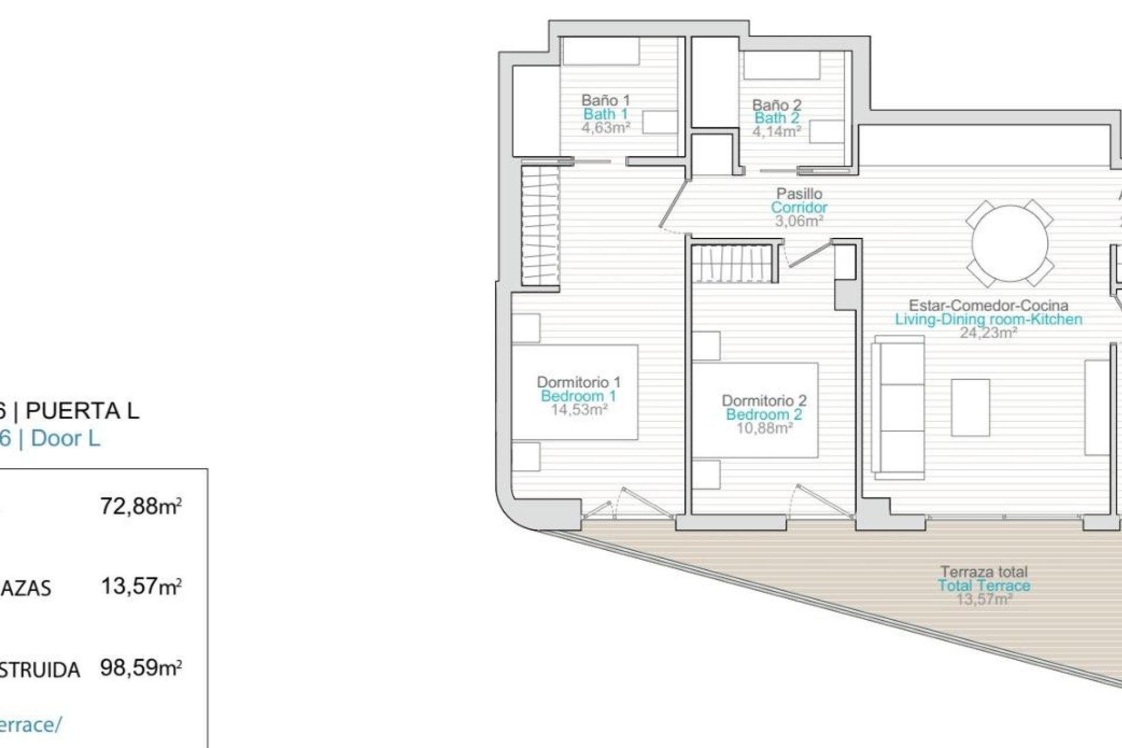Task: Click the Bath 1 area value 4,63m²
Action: point(605,128)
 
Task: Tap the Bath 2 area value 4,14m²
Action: point(776,131)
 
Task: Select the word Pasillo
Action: point(799,193)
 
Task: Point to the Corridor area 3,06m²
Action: point(799,221)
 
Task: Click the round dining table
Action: point(1009,244)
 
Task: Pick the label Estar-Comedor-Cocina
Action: point(988,305)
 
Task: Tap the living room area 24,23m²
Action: point(988,333)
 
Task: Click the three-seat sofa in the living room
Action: point(898,404)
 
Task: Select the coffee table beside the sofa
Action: point(970,407)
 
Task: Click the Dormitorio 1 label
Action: point(579,382)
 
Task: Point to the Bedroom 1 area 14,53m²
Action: point(579,410)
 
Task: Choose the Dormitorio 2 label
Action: point(764,401)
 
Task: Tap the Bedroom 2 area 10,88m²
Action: point(764,428)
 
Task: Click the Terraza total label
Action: point(984,572)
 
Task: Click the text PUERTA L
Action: point(82,411)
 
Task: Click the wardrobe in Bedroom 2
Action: point(735,264)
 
